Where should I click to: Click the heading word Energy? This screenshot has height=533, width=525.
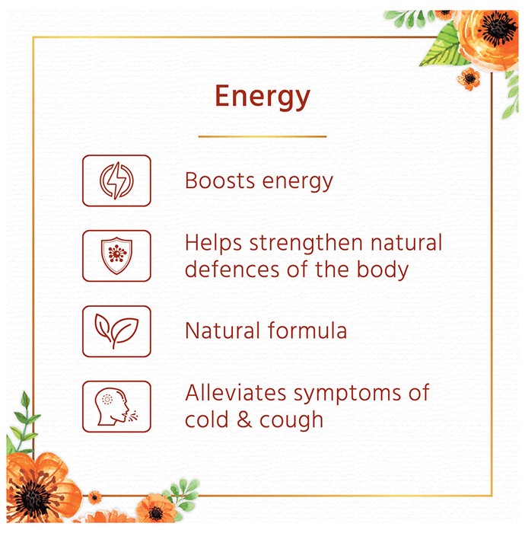pos(262,97)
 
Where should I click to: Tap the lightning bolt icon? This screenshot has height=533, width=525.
pos(116,180)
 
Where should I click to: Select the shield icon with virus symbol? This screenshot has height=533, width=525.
pos(116,256)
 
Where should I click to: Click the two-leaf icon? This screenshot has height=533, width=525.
pos(116,330)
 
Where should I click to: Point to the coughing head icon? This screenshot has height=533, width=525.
pos(116,407)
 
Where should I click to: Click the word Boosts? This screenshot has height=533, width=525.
pos(220,180)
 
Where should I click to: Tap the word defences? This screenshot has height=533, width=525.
pos(232,270)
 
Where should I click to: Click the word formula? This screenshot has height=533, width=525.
pos(307,330)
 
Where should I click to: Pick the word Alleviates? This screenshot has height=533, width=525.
pos(236,393)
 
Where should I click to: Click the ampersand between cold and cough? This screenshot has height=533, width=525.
pos(244,420)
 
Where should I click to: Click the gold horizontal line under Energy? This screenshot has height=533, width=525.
pos(262,136)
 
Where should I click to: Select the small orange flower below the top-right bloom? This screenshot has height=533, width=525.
pos(469,79)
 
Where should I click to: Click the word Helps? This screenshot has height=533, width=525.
pos(214,244)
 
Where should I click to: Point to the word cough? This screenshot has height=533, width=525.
pos(291,422)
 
